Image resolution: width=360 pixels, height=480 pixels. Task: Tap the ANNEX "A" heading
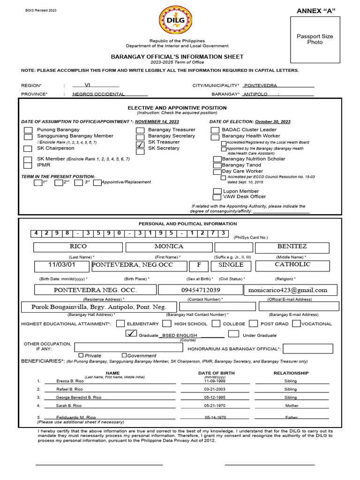[x=316, y=11]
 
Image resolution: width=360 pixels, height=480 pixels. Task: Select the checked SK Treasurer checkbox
[x=140, y=144]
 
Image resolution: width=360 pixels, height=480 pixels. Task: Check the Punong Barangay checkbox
[x=29, y=130]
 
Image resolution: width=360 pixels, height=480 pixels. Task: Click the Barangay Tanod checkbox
[x=217, y=165]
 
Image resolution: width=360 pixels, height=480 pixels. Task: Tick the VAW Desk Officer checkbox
[x=217, y=197]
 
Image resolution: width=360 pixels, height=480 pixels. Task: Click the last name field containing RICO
[x=78, y=247]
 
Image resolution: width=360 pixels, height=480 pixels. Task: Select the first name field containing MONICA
[x=169, y=247]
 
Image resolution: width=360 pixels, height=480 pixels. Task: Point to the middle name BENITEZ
[x=292, y=247]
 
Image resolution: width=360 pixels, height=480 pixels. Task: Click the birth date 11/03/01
[x=61, y=265]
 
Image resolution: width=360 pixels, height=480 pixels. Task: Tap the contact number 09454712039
[x=200, y=290]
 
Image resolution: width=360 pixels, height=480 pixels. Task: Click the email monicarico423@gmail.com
[x=291, y=290]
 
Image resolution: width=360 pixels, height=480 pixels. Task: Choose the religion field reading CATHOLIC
[x=292, y=265]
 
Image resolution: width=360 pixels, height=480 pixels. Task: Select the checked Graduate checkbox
[x=132, y=334]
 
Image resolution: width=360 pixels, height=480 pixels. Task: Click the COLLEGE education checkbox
[x=216, y=323]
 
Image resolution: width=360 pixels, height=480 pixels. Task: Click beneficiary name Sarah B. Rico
[x=69, y=405]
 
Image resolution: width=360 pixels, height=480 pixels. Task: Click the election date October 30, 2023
[x=272, y=122]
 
